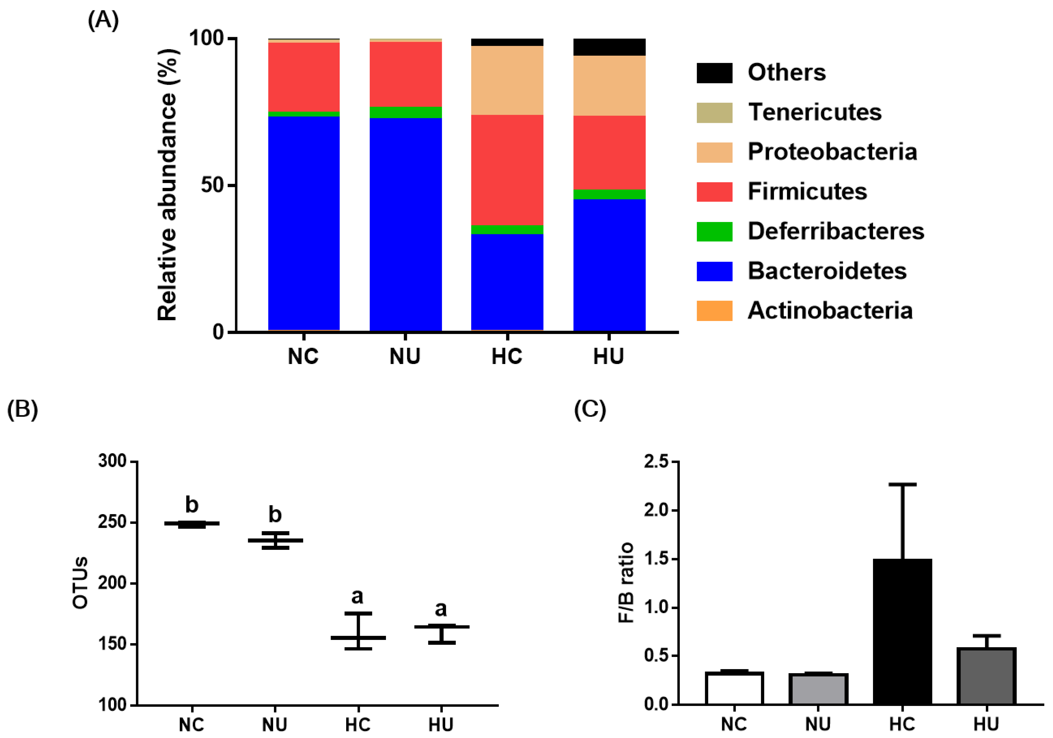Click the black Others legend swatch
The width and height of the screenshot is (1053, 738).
coord(714,73)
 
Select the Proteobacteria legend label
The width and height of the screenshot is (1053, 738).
coord(832,152)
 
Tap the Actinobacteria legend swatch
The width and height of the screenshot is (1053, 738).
coord(714,311)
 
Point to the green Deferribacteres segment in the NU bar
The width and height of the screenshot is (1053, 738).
coord(405,112)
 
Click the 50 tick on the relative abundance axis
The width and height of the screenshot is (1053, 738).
coord(212,185)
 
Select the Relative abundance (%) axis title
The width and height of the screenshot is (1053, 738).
coord(167,184)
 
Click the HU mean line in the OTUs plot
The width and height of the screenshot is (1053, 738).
coord(441,627)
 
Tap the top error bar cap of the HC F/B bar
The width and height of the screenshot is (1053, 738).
coord(902,484)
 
